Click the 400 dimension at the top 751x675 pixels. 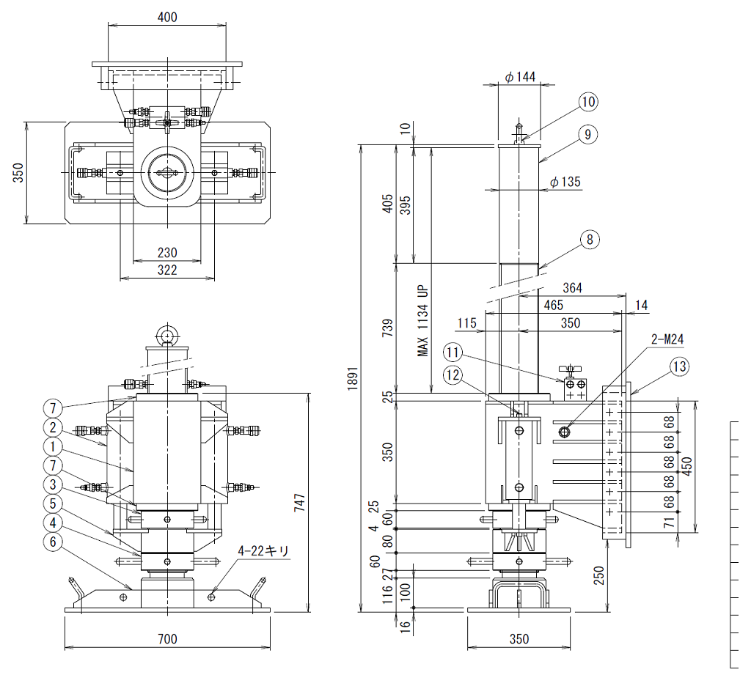pyautogui.click(x=167, y=18)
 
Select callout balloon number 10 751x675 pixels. pyautogui.click(x=588, y=101)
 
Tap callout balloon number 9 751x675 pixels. pyautogui.click(x=587, y=135)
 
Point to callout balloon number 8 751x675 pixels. pyautogui.click(x=590, y=239)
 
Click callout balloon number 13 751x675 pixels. pyautogui.click(x=679, y=366)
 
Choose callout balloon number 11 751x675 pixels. pyautogui.click(x=452, y=353)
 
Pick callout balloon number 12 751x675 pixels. pyautogui.click(x=453, y=375)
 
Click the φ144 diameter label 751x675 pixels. pyautogui.click(x=520, y=77)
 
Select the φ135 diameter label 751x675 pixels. pyautogui.click(x=565, y=182)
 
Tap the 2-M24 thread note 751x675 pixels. pyautogui.click(x=667, y=339)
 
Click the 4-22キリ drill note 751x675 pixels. pyautogui.click(x=263, y=551)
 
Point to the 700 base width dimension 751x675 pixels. pyautogui.click(x=167, y=639)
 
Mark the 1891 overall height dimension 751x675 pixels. pyautogui.click(x=353, y=379)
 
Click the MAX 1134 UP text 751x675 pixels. pyautogui.click(x=422, y=321)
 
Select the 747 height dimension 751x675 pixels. pyautogui.click(x=299, y=503)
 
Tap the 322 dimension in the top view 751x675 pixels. pyautogui.click(x=167, y=270)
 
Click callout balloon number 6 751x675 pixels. pyautogui.click(x=53, y=542)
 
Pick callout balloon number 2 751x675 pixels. pyautogui.click(x=53, y=427)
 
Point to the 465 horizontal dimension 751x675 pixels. pyautogui.click(x=553, y=306)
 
